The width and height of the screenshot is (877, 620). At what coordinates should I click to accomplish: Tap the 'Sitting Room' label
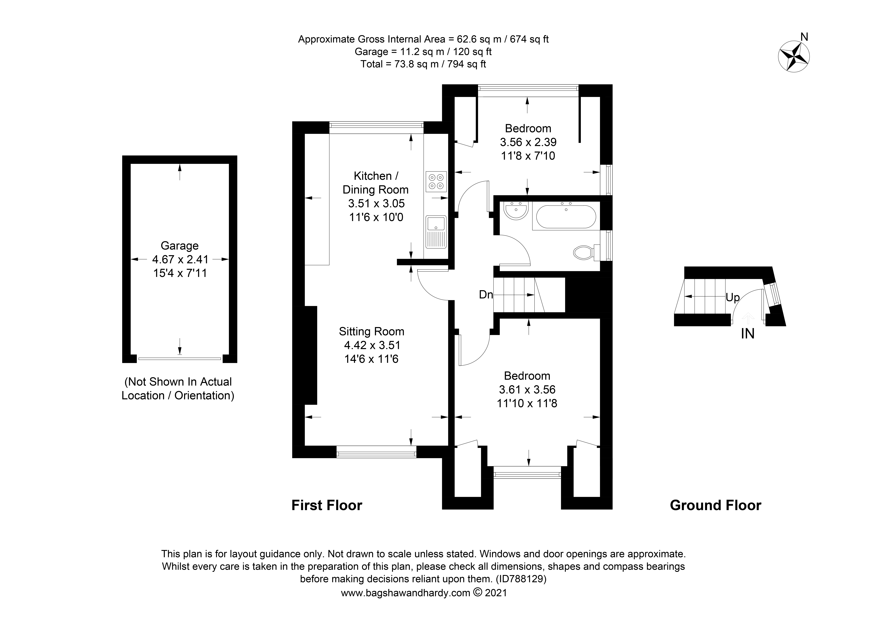tap(371, 331)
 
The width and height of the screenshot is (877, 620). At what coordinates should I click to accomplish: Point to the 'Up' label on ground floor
tap(732, 297)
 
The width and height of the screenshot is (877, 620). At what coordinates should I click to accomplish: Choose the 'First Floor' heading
tap(327, 505)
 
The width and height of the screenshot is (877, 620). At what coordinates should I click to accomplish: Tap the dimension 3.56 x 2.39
tap(528, 142)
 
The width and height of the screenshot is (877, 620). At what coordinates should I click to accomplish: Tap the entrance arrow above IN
tap(748, 318)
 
